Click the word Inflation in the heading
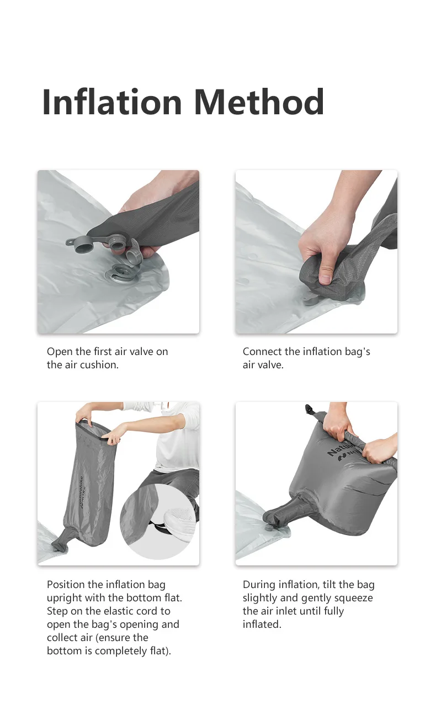click(x=112, y=102)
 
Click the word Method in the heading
click(x=259, y=102)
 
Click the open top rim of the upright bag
click(x=94, y=430)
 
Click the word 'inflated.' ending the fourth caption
click(x=262, y=624)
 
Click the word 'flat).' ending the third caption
click(x=160, y=651)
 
